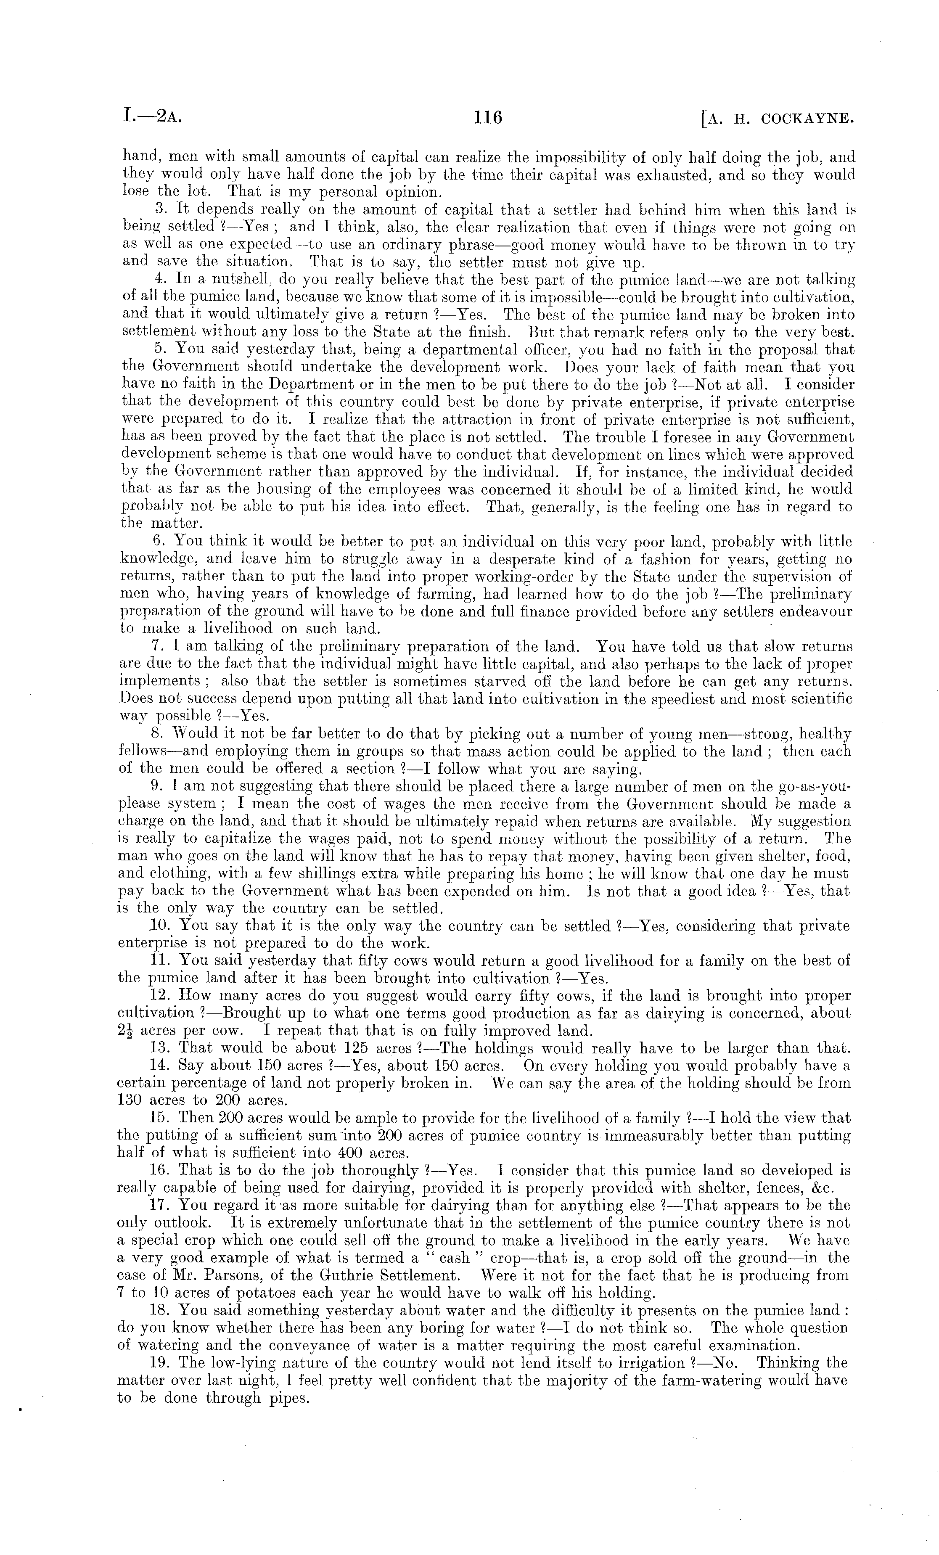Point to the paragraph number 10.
pyautogui.click(x=160, y=926)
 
